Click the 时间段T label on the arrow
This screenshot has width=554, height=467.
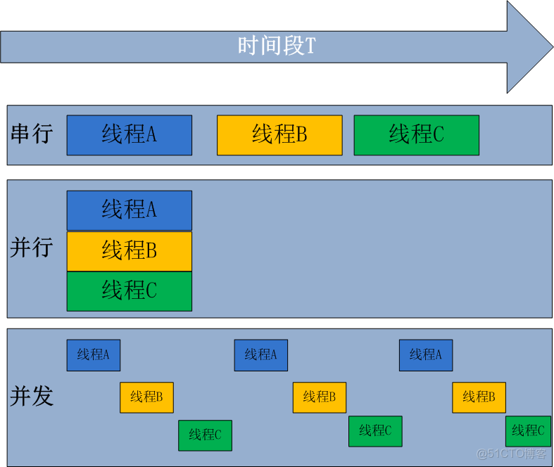coord(276,46)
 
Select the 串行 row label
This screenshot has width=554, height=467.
coord(32,134)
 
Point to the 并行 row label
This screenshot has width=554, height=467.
coord(32,248)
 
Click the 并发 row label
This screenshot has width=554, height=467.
coord(32,396)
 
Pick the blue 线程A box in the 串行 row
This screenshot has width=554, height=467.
coord(130,134)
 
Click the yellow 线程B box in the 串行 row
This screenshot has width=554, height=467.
coord(279,134)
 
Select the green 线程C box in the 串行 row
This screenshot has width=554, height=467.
coord(416,134)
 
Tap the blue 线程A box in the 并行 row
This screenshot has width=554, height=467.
coord(130,210)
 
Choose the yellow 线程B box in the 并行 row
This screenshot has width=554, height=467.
coord(130,251)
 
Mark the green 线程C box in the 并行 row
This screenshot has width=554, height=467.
coord(130,291)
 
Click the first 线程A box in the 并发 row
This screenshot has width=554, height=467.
coord(94,355)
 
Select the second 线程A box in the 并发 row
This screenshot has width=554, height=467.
coord(261,355)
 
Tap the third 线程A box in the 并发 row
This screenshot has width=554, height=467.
coord(426,355)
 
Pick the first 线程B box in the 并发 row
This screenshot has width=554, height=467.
coord(146,397)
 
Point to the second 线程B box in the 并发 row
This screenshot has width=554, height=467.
coord(320,397)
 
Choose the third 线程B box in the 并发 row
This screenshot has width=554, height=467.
coord(479,397)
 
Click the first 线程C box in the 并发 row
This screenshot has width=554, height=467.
coord(205,435)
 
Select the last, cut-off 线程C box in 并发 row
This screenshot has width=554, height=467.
coord(528,431)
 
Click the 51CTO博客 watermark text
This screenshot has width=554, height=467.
coord(513,454)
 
